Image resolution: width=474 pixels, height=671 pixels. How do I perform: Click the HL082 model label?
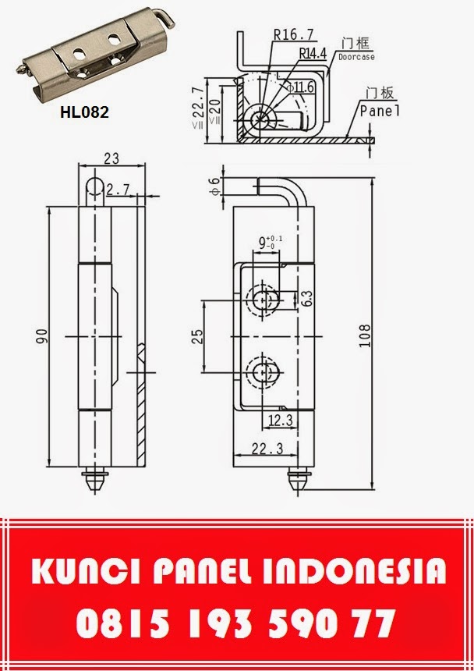[84, 112]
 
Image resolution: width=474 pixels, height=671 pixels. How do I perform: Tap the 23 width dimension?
[111, 158]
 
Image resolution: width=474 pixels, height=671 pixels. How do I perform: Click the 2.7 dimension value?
[118, 189]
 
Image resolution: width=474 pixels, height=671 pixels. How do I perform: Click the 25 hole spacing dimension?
[198, 336]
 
